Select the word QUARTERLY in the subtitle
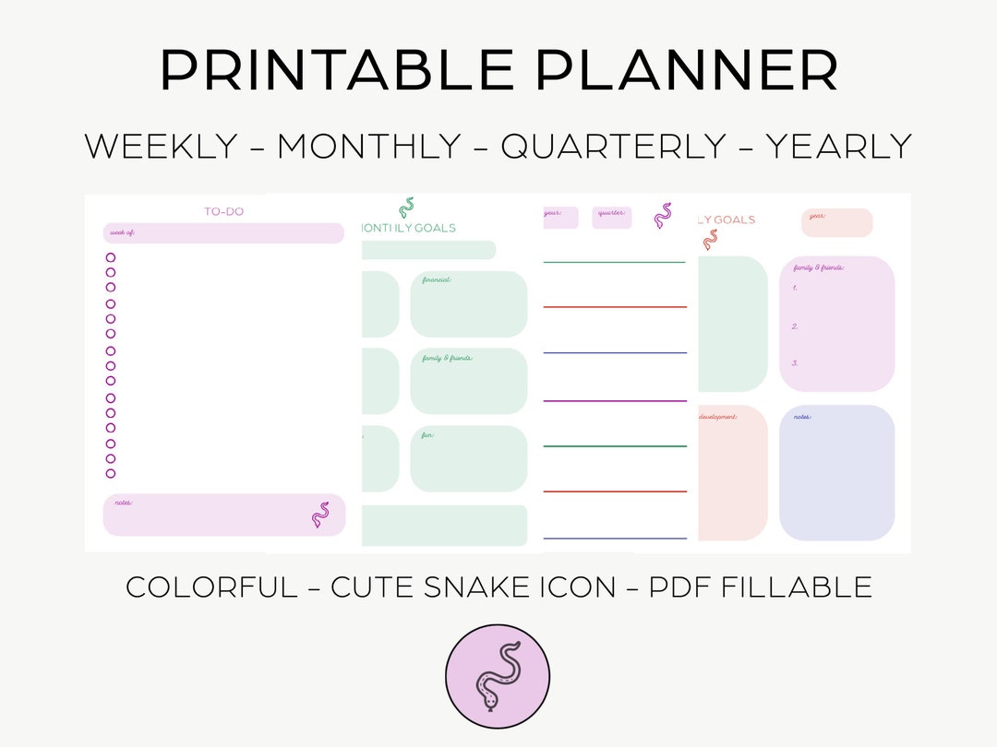[x=614, y=147]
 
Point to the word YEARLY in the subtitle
[x=838, y=147]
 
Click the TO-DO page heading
[x=223, y=211]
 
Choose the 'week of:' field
[x=223, y=233]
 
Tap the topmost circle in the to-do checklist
[x=111, y=258]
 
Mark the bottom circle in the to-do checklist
[x=111, y=473]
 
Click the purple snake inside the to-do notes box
[x=320, y=515]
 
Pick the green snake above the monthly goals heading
[x=405, y=207]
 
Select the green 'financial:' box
[x=469, y=303]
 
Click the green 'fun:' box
[x=469, y=458]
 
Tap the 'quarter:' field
[x=612, y=218]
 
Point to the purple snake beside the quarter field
[x=663, y=216]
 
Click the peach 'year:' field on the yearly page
[x=836, y=222]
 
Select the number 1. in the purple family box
[x=795, y=288]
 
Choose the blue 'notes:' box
[x=836, y=472]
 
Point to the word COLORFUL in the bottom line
[x=211, y=587]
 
